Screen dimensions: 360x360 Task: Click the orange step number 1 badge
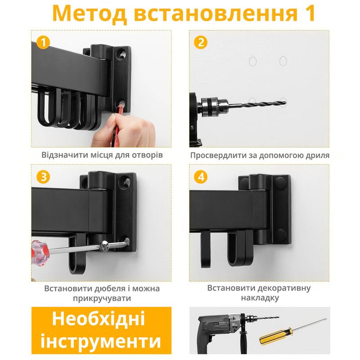43,42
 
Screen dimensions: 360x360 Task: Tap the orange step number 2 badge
201,42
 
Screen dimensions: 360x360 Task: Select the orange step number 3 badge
43,177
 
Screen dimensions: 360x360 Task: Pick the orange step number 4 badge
201,177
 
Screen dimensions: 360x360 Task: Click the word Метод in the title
90,13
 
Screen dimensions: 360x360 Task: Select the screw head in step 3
105,246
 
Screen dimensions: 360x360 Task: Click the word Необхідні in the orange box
99,319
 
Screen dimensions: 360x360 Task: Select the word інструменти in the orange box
101,341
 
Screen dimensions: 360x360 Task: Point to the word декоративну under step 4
285,288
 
